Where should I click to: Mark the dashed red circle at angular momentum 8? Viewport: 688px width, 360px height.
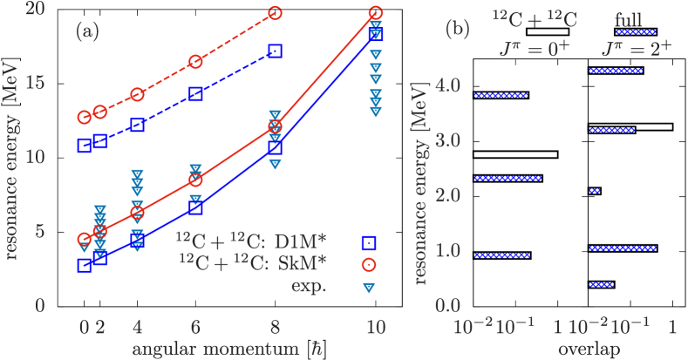click(276, 13)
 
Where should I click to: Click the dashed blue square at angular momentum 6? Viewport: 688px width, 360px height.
click(196, 94)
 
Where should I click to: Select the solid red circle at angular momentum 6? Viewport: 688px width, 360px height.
click(196, 180)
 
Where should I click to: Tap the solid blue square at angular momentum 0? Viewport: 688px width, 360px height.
click(85, 266)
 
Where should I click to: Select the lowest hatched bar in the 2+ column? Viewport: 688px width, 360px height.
click(601, 284)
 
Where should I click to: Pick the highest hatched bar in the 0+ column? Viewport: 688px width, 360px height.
click(501, 95)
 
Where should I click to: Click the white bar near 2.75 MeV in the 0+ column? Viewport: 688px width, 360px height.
click(515, 154)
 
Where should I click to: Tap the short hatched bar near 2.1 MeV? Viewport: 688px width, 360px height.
click(595, 191)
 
